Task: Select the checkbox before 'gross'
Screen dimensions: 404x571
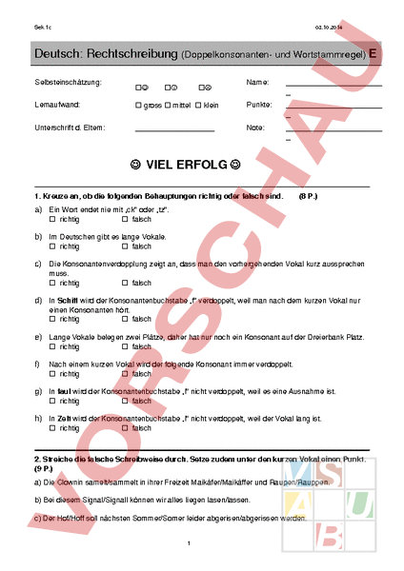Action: tap(139, 105)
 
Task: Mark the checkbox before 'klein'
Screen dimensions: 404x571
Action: tap(201, 105)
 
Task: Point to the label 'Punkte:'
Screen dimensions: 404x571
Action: tap(259, 105)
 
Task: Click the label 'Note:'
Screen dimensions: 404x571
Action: tap(254, 127)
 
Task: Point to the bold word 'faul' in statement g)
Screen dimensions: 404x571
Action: tap(64, 390)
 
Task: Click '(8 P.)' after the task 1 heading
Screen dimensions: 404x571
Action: tap(308, 194)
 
